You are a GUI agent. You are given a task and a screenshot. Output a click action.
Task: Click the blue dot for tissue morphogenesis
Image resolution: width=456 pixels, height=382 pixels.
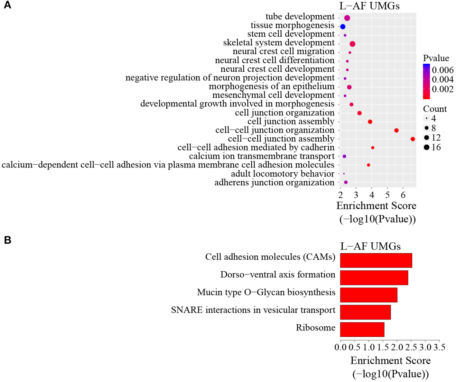343,27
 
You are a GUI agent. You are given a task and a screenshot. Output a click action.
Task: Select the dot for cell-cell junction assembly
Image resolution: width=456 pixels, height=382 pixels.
413,139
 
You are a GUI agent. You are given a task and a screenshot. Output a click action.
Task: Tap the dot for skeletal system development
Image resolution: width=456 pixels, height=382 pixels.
352,44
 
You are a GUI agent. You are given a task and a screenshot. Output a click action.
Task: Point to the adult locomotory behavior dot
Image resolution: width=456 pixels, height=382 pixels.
344,174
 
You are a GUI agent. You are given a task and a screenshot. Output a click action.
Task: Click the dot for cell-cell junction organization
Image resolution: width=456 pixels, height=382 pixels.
396,131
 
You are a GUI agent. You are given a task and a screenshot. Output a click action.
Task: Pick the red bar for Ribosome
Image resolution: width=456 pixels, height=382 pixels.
362,330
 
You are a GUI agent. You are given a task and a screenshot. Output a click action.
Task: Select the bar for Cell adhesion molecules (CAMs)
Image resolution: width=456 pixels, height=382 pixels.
376,260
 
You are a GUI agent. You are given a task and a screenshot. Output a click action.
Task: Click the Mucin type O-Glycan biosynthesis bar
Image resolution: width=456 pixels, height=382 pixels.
368,295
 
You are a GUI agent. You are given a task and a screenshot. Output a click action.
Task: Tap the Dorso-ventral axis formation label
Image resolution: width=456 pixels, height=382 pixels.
278,275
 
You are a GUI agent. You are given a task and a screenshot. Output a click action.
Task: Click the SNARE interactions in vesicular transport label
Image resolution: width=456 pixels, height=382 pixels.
253,310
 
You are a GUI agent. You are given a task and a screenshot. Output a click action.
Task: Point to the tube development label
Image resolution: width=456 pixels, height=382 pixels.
300,16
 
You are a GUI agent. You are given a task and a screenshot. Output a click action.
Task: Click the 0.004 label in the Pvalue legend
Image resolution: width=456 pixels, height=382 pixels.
442,79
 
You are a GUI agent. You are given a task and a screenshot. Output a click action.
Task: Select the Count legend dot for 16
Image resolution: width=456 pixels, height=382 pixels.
427,148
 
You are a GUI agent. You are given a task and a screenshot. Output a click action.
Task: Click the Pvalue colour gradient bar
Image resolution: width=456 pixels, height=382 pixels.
426,81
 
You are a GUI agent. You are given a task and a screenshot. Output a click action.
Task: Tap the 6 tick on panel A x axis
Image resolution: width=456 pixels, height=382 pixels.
403,195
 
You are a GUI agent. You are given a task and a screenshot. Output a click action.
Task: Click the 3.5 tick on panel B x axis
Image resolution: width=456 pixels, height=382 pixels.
439,347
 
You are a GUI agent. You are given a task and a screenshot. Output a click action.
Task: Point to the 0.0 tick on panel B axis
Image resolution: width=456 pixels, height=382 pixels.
340,347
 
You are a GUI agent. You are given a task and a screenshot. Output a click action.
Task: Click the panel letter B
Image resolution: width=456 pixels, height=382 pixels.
7,240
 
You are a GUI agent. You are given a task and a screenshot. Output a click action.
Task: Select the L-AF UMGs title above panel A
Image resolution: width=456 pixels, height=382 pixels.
369,6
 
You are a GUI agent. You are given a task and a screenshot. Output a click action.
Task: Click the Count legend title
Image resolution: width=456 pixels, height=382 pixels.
435,109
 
